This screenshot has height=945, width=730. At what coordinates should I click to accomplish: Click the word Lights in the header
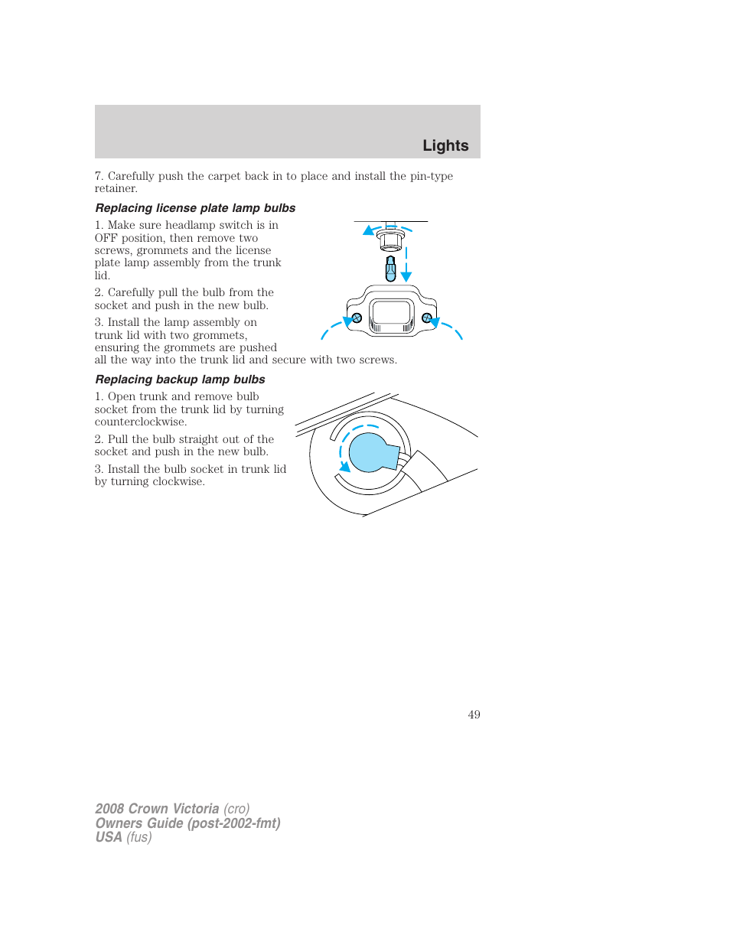[x=445, y=145]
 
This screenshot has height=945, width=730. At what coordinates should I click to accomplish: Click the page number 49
[x=474, y=715]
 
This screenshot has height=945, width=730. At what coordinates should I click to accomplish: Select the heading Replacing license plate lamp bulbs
[x=195, y=208]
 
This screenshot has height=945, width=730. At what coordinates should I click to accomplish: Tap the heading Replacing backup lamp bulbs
[x=180, y=380]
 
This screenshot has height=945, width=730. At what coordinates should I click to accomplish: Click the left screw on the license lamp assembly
[x=356, y=318]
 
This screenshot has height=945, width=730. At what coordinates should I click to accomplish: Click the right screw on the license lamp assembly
[x=427, y=318]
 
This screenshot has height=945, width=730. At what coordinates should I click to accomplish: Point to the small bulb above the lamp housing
[x=390, y=269]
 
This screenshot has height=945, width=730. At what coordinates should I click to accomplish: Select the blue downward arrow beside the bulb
[x=406, y=275]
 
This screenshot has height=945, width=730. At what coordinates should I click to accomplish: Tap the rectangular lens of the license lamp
[x=392, y=314]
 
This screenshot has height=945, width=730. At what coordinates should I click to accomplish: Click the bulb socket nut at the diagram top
[x=390, y=240]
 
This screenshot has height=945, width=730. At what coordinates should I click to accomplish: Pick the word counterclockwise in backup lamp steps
[x=141, y=422]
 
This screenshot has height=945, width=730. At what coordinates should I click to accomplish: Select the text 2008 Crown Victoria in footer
[x=157, y=809]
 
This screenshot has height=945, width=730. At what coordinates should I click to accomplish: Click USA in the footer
[x=109, y=837]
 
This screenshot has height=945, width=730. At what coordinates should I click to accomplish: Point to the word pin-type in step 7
[x=432, y=176]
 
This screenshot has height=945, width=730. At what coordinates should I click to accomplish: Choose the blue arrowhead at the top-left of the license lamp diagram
[x=368, y=230]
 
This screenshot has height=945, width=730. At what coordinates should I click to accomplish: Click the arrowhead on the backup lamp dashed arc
[x=345, y=466]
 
